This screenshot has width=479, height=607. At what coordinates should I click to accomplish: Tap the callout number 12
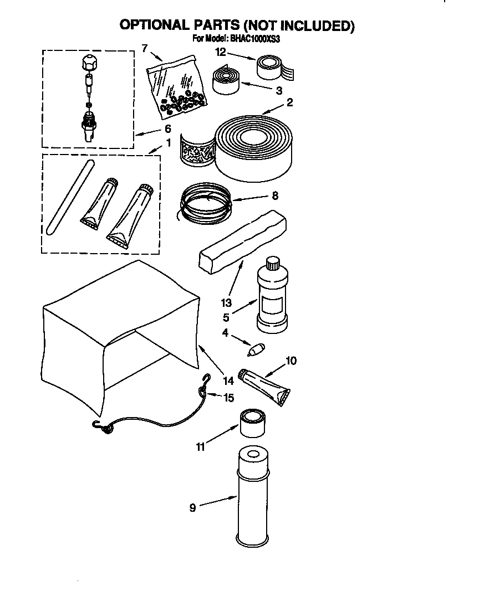(220, 53)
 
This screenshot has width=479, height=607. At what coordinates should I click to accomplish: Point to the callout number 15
(228, 398)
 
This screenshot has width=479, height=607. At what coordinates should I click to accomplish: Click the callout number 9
(192, 507)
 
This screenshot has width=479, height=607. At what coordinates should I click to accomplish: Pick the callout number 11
(201, 446)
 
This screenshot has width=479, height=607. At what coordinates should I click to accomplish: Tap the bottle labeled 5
(271, 299)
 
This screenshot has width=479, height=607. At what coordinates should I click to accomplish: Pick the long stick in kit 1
(69, 197)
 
